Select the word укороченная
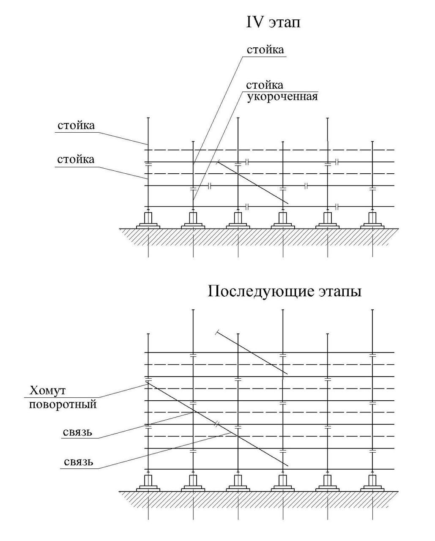click(x=282, y=97)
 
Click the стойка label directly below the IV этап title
click(x=265, y=50)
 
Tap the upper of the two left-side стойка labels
click(x=76, y=126)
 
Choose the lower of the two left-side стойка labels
click(x=76, y=159)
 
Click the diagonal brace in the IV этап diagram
click(x=252, y=182)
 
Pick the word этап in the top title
click(x=285, y=23)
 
